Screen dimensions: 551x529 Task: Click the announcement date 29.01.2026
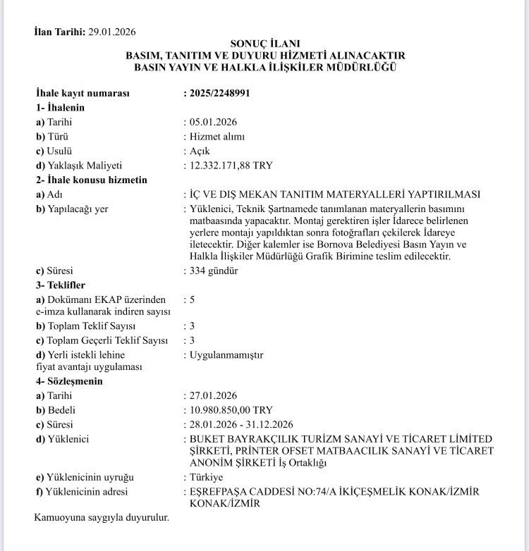pyautogui.click(x=112, y=32)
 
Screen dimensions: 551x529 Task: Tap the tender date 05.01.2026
pyautogui.click(x=213, y=122)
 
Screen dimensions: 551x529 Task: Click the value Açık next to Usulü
pyautogui.click(x=200, y=151)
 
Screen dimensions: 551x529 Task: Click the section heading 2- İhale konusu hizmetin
pyautogui.click(x=92, y=180)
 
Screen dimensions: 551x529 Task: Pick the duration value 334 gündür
pyautogui.click(x=214, y=271)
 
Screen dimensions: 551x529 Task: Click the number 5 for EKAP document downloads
pyautogui.click(x=193, y=299)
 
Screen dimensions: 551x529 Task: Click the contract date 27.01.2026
pyautogui.click(x=213, y=395)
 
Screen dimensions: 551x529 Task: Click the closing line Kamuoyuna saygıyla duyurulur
pyautogui.click(x=102, y=518)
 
